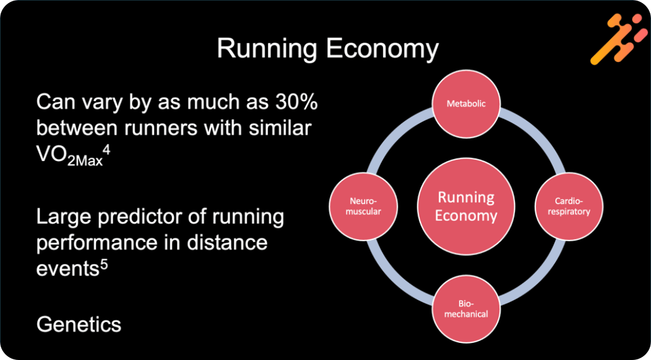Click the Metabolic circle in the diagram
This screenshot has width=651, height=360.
[466, 104]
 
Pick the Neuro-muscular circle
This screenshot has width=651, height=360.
[365, 206]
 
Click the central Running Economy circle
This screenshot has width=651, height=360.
[467, 207]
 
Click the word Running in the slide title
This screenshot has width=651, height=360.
[262, 49]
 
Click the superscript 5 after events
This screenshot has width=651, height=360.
[104, 262]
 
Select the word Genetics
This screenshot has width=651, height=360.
[78, 325]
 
